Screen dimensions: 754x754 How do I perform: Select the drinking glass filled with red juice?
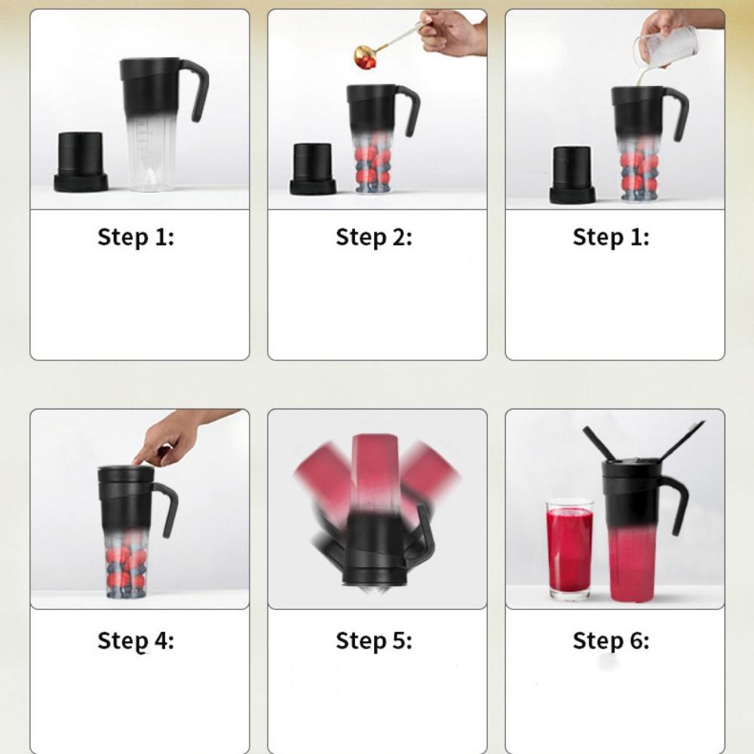pos(569,549)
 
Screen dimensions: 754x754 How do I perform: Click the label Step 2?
pos(374,237)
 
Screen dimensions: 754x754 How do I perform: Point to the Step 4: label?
pos(136,641)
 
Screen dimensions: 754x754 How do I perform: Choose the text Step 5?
pos(374,641)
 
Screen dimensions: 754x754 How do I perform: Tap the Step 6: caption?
pos(611,641)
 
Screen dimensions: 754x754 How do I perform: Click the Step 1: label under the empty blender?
pos(136,237)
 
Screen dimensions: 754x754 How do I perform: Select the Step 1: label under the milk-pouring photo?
pos(611,237)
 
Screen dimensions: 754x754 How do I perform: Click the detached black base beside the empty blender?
pos(81,163)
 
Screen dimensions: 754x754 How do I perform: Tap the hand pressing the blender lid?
pos(182,436)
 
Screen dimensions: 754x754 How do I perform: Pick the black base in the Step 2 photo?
pos(313,169)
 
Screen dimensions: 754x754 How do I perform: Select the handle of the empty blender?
pos(197,89)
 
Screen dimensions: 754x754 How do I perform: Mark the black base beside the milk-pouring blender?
pos(572,175)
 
